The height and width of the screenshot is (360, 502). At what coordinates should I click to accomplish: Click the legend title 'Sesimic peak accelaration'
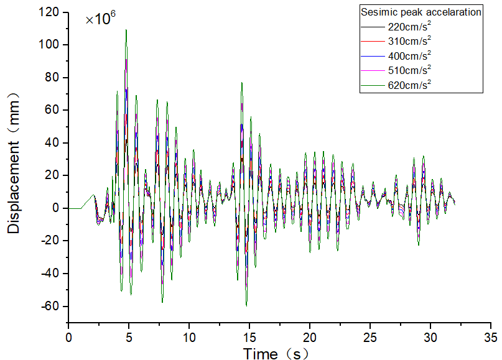click(421, 12)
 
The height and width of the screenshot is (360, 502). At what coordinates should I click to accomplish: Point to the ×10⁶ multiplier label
click(101, 19)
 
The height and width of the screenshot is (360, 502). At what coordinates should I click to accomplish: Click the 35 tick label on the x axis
click(491, 336)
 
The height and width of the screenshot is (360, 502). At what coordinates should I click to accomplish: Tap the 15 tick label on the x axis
click(249, 336)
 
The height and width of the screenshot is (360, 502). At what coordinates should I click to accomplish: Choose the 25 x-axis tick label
click(370, 336)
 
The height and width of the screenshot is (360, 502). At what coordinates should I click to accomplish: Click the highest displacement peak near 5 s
click(126, 30)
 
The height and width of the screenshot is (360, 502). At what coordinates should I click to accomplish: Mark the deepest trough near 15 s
click(246, 305)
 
